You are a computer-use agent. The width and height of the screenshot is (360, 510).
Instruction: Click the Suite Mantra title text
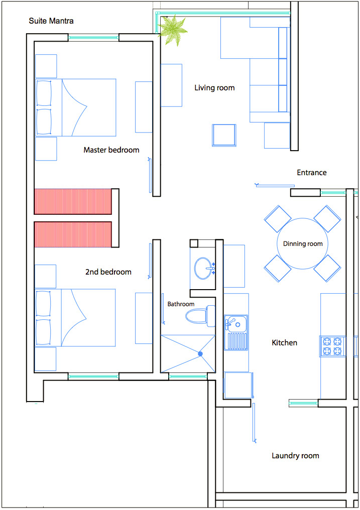click(x=51, y=21)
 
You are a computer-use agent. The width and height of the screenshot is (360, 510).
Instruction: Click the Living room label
click(x=214, y=88)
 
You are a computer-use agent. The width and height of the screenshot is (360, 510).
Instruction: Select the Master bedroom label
click(x=111, y=150)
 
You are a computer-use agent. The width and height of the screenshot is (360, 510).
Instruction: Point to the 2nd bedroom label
click(x=108, y=272)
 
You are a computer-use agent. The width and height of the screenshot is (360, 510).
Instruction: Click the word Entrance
click(x=311, y=173)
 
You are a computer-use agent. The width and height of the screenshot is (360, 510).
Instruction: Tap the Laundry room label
click(x=295, y=456)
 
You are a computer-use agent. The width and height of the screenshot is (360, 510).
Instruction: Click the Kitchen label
click(x=284, y=342)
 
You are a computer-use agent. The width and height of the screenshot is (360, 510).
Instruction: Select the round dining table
click(x=302, y=243)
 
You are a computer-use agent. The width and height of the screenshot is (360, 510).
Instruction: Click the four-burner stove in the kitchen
click(x=332, y=346)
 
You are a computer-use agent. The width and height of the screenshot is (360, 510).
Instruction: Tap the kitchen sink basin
click(x=236, y=324)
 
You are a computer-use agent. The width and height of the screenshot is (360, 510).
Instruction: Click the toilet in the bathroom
click(x=200, y=316)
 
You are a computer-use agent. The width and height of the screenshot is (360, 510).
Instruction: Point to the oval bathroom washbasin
click(x=203, y=269)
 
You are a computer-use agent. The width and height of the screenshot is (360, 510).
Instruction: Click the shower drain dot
click(x=200, y=353)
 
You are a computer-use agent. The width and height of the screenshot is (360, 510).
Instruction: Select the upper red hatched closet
click(x=73, y=201)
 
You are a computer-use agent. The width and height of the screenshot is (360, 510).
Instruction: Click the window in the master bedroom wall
click(x=93, y=38)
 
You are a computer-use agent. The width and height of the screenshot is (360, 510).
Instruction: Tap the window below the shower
click(x=188, y=376)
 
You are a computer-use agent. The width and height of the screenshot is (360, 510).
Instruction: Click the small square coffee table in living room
click(x=224, y=135)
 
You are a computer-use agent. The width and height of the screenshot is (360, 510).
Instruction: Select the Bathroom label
click(x=181, y=304)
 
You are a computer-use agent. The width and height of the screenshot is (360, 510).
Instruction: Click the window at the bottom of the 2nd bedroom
click(x=93, y=376)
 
